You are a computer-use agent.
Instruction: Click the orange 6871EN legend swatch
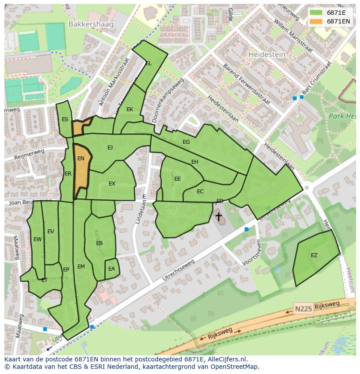coord(316,21)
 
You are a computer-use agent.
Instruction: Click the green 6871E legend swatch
coord(316,13)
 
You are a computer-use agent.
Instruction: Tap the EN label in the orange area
coord(81,159)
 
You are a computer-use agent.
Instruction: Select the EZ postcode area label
coord(314,255)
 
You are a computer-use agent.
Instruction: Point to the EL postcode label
coord(149,63)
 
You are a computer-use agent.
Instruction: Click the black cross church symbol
coord(218,216)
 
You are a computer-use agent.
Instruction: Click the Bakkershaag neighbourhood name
coord(90,24)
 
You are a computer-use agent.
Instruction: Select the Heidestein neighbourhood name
coord(267,55)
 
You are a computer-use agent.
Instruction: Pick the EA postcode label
coord(112,269)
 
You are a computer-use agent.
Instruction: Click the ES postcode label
coord(65,119)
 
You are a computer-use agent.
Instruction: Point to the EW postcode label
coord(37,239)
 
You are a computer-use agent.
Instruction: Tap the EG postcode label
coord(186,142)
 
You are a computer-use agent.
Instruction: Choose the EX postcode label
coord(112,184)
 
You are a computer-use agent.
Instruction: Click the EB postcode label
coord(99,243)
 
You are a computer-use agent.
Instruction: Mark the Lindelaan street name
coord(139,213)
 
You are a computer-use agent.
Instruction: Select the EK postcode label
coord(130,109)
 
